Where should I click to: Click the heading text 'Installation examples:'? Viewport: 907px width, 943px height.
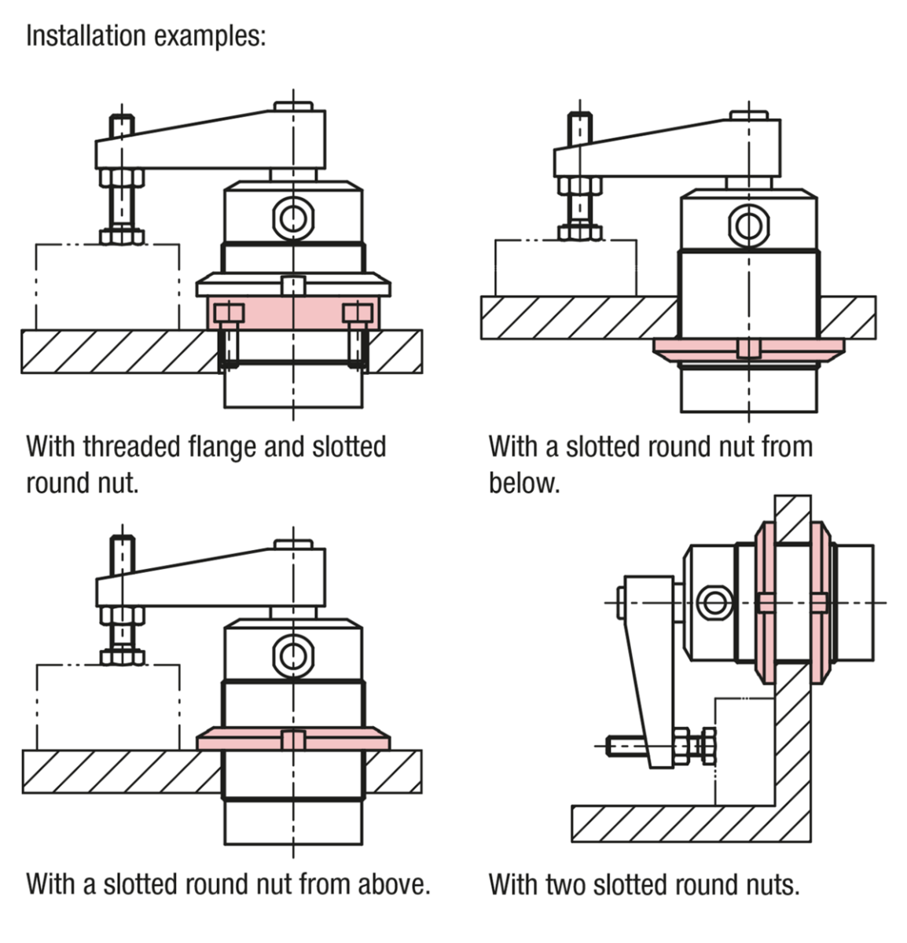[x=146, y=36]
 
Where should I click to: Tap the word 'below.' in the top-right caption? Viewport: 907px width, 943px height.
[x=524, y=482]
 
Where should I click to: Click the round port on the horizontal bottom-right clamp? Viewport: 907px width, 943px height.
[x=713, y=603]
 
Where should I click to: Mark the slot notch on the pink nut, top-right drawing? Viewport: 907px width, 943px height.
[x=749, y=348]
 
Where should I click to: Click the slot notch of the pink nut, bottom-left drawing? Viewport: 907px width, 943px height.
[x=293, y=739]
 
